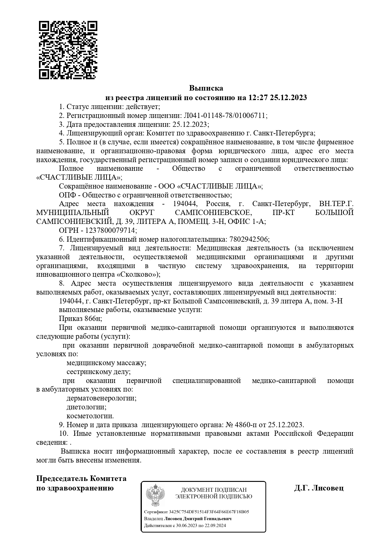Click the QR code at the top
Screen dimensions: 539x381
(68, 50)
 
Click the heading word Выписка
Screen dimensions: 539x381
(206, 88)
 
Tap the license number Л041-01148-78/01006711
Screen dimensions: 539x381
(225, 115)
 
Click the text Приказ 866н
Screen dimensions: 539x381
(80, 319)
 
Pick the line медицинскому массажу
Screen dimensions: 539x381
(106, 363)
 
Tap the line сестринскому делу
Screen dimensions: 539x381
(99, 372)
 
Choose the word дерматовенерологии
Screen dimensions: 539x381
(101, 398)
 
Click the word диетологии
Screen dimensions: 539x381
(86, 407)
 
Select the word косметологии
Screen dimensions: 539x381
(90, 416)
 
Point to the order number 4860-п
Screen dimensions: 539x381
(245, 425)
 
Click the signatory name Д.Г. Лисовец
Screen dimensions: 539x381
(319, 488)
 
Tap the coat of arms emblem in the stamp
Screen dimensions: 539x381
(155, 495)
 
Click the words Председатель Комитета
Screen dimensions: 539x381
(81, 478)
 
